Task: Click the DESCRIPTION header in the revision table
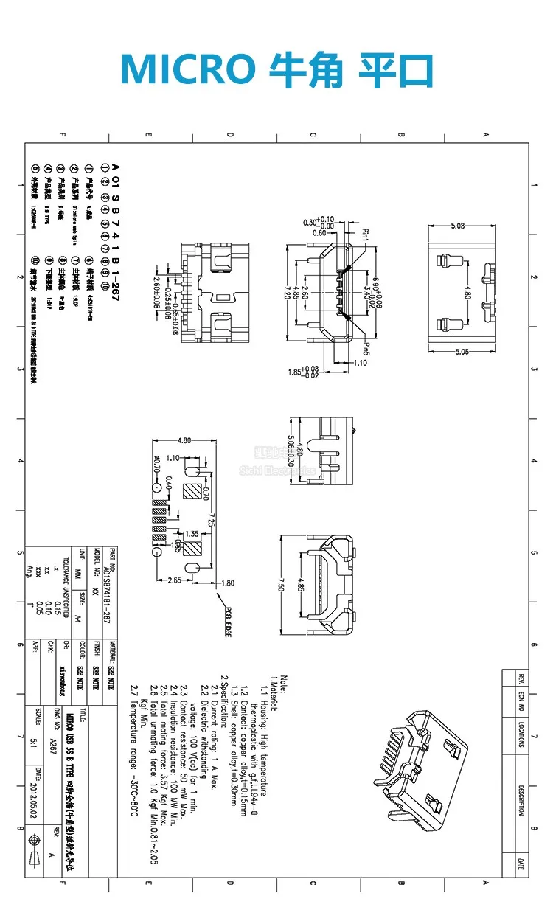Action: tap(521, 800)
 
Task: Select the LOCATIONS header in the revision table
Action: tap(521, 735)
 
